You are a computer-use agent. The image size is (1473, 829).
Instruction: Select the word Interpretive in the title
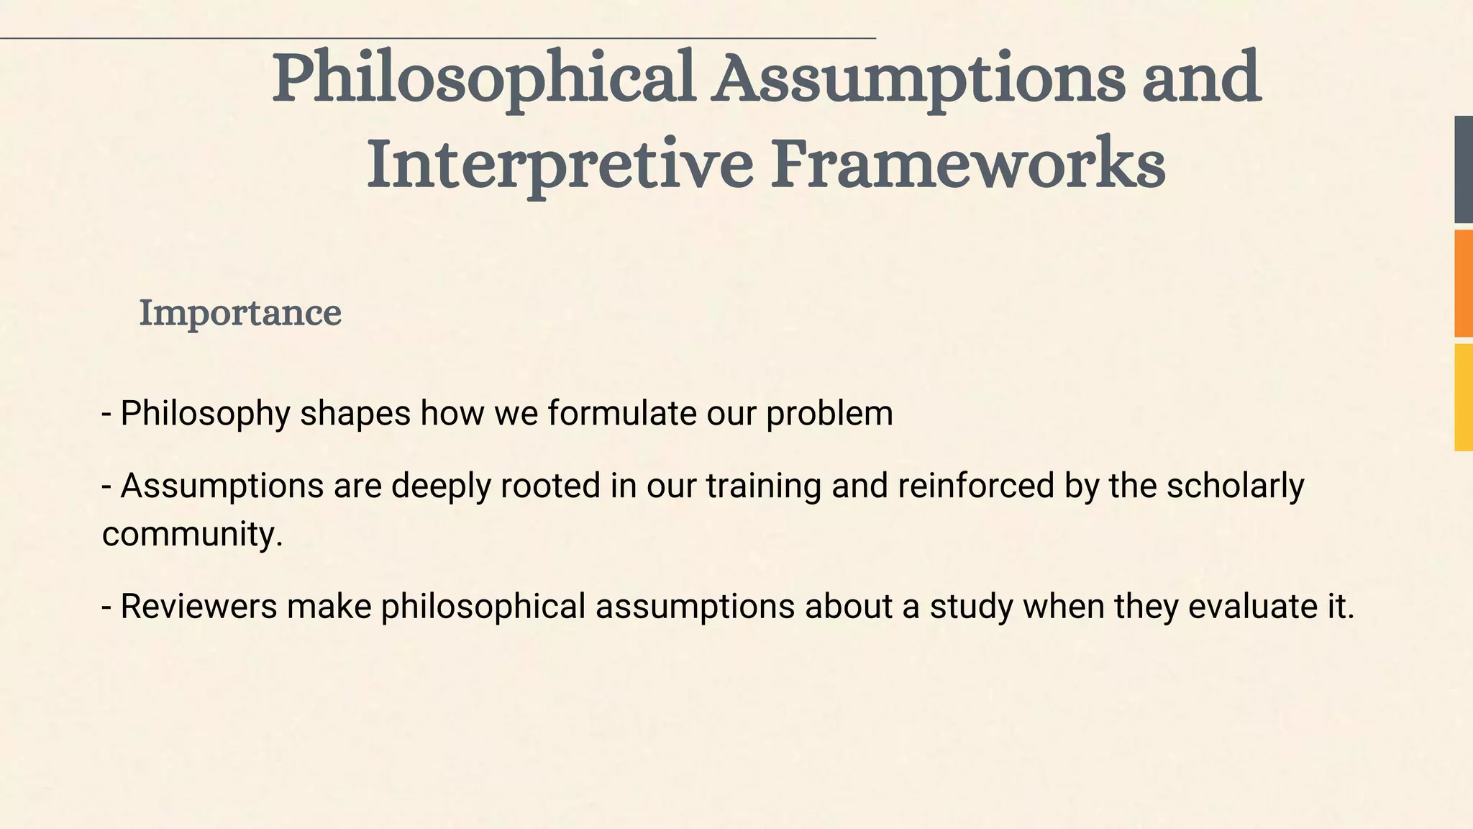pos(560,164)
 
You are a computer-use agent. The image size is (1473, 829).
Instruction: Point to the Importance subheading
pos(240,313)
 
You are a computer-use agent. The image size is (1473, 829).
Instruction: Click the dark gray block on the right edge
pos(1464,169)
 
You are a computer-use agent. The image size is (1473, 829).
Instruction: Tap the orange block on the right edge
pos(1464,283)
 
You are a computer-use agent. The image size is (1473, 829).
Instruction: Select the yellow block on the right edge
pos(1464,397)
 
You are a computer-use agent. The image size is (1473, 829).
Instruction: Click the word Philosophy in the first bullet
pos(205,414)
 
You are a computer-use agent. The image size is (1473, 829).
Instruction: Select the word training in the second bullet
pos(763,486)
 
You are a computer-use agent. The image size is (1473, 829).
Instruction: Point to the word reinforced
pos(976,486)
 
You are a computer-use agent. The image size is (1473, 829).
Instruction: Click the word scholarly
pos(1235,486)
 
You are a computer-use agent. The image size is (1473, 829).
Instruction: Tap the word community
pos(192,534)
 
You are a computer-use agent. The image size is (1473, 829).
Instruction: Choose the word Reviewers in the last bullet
pos(199,606)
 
